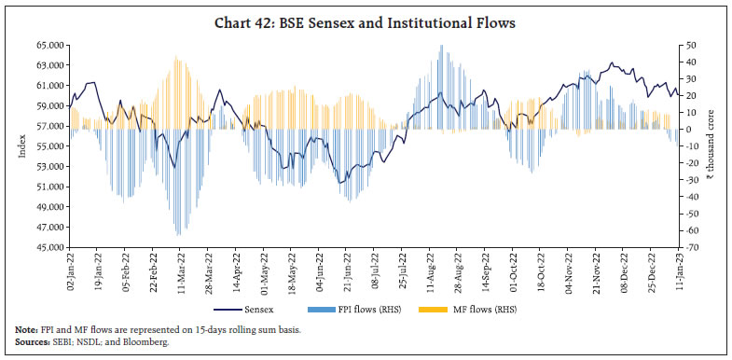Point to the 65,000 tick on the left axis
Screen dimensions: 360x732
pyautogui.click(x=47, y=45)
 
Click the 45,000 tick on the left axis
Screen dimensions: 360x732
pyautogui.click(x=47, y=248)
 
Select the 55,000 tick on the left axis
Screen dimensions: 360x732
pyautogui.click(x=47, y=146)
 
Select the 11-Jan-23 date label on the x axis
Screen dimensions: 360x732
pyautogui.click(x=678, y=271)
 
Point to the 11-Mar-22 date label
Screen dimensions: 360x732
pyautogui.click(x=177, y=271)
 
